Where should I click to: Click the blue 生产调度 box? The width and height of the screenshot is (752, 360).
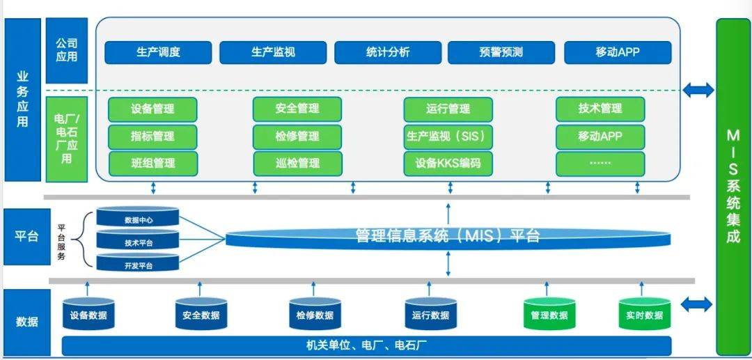click(158, 52)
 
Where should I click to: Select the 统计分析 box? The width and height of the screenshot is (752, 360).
click(388, 52)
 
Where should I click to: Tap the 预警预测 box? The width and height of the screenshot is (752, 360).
click(501, 52)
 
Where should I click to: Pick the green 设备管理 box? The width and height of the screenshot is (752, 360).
click(152, 109)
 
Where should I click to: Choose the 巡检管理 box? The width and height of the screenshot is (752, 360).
click(298, 164)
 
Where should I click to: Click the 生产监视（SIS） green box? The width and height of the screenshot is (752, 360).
click(448, 136)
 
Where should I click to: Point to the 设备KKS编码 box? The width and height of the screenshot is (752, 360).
click(448, 164)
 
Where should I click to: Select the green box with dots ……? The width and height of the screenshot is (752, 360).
click(600, 164)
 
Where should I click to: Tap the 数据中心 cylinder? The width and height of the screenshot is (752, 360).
click(138, 217)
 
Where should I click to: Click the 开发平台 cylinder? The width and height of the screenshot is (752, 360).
click(138, 263)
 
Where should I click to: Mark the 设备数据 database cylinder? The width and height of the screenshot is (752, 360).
click(88, 314)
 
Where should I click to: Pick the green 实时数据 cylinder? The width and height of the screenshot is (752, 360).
click(645, 314)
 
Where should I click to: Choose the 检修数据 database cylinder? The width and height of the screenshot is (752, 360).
click(315, 314)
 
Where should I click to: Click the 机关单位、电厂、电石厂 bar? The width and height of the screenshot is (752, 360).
click(367, 345)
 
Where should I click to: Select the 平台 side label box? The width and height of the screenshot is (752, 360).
click(27, 237)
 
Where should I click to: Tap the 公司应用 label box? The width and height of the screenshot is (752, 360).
click(67, 50)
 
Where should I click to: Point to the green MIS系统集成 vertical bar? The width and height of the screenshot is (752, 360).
click(733, 187)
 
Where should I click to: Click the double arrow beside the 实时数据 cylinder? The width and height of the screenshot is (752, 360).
click(697, 304)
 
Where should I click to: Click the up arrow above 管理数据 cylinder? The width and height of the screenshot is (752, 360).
click(547, 288)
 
